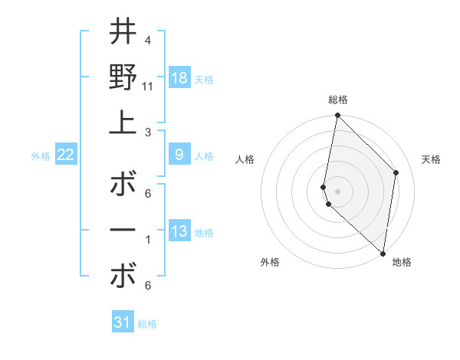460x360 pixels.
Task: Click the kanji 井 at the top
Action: click(x=123, y=33)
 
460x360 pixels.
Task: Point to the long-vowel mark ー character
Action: click(x=123, y=231)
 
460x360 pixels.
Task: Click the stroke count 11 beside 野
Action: click(x=148, y=86)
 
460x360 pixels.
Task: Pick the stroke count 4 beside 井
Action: click(x=147, y=40)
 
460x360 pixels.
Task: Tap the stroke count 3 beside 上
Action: click(x=148, y=132)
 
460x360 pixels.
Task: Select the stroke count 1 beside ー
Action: click(x=148, y=240)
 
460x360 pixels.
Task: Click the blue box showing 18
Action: click(x=179, y=78)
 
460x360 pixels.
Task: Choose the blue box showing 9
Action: click(x=179, y=155)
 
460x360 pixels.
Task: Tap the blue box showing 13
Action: click(x=179, y=231)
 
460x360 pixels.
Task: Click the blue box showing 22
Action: click(x=65, y=155)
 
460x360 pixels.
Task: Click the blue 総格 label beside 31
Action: click(x=147, y=324)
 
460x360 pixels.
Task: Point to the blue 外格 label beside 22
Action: click(x=41, y=156)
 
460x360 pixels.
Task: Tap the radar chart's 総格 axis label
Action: click(x=337, y=100)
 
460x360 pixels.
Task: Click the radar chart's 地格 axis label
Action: click(x=402, y=262)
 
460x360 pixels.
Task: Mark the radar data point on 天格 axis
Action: click(x=396, y=172)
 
